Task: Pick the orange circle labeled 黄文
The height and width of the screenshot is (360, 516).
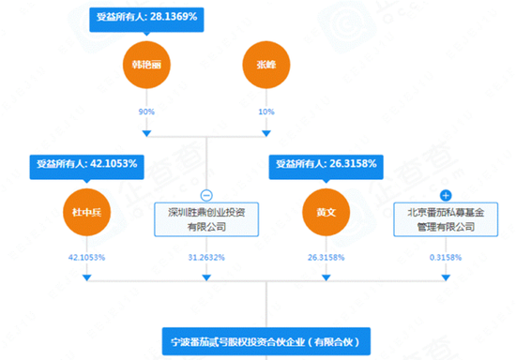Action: point(324,211)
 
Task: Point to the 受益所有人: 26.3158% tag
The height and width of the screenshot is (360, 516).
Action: point(325,164)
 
